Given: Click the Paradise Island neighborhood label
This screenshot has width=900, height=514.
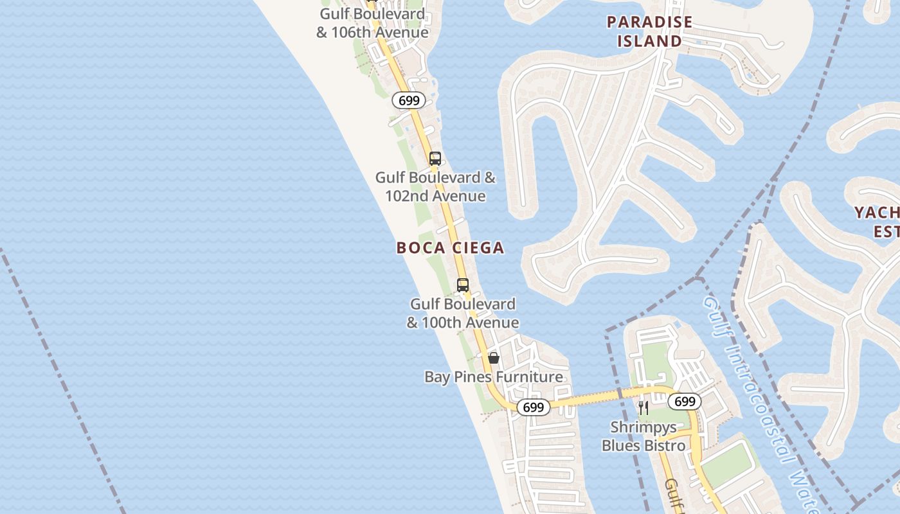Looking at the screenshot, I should pos(649,31).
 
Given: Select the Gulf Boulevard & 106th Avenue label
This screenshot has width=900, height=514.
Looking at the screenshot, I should pos(372,23).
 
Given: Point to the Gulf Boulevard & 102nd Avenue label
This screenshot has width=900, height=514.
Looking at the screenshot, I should pos(435,186).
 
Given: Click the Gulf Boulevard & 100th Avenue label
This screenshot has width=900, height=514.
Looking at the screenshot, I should pos(463,313).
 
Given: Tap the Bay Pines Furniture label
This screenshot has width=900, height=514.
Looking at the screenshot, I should pos(493,377).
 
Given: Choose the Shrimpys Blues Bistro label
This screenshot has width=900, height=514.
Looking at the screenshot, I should pos(643,436).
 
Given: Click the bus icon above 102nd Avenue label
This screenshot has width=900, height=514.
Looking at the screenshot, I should pos(435,159).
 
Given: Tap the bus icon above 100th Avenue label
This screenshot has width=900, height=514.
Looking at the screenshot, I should pos(463,285).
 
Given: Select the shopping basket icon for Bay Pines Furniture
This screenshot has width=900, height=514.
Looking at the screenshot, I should pos(494,358).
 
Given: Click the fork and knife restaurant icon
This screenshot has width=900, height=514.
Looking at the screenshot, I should pos(643,407).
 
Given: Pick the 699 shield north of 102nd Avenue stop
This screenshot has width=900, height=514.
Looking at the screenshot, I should pos(409,100).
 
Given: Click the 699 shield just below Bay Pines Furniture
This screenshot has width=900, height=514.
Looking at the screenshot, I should pos(533,407).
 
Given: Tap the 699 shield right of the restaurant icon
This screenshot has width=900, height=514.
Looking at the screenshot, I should pos(685,402).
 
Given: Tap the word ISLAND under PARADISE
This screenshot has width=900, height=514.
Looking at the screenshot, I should pos(649,41).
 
